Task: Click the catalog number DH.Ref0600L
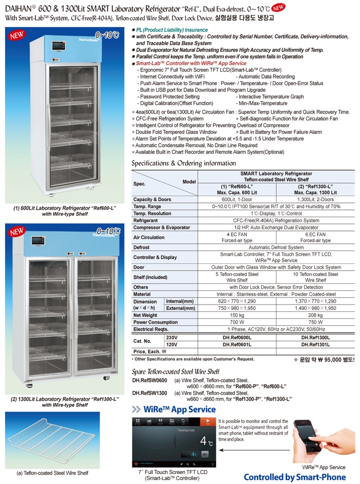coord(237,337)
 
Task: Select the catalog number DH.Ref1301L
coord(316,344)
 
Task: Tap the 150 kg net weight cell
coord(237,315)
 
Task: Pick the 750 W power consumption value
coord(316,322)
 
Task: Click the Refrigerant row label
coord(145,220)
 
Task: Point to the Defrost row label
coord(141,247)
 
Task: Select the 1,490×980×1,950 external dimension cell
coord(316,308)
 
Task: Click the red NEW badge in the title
coord(279,7)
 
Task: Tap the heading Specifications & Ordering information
coord(184,163)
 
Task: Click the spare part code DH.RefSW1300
coord(149,393)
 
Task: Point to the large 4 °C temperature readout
coord(204,441)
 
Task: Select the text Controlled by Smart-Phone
coord(295,477)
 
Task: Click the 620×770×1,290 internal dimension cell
coord(237,301)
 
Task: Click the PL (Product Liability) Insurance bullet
coord(172,30)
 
